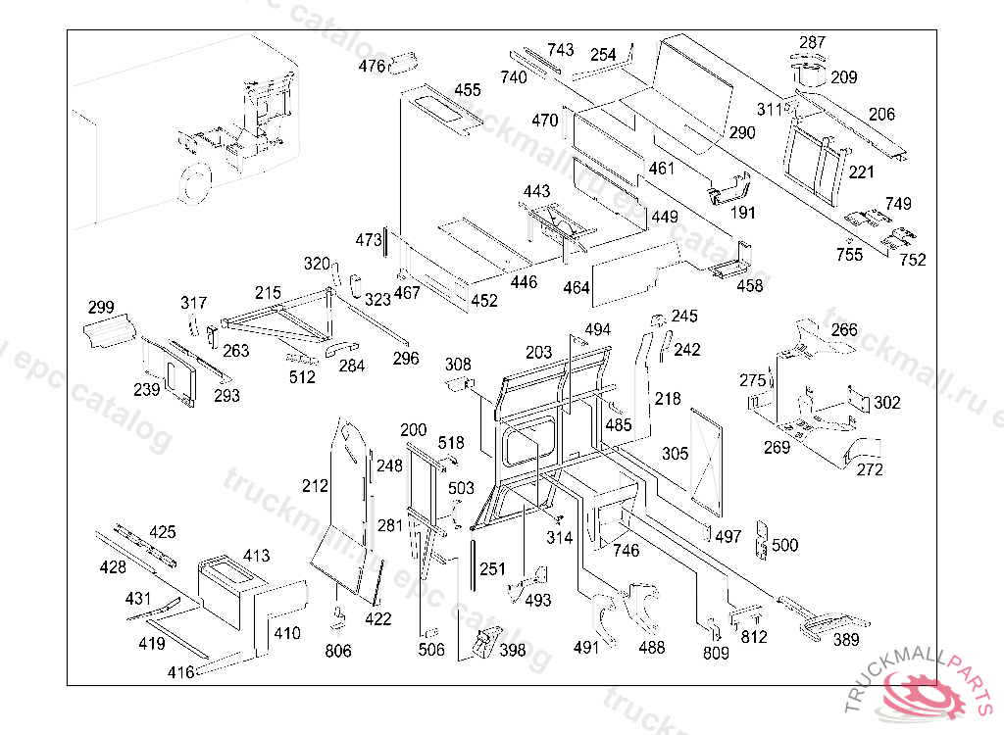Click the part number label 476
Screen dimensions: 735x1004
[x=373, y=67]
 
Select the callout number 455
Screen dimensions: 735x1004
[x=468, y=90]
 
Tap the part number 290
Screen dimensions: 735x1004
[x=742, y=132]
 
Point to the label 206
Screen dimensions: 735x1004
[x=881, y=115]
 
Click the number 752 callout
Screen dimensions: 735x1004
[x=913, y=260]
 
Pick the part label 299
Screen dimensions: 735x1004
[x=101, y=308]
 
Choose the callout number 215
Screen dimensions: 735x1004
[x=269, y=292]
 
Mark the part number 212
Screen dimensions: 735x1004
[x=315, y=485]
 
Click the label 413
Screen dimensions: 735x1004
[x=256, y=556]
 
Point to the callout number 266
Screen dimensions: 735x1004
[x=844, y=330]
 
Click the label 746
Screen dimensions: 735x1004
[x=626, y=550]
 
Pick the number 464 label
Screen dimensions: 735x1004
[x=577, y=287]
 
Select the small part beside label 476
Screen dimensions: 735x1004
[x=404, y=64]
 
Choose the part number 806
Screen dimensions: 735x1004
[x=338, y=651]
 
